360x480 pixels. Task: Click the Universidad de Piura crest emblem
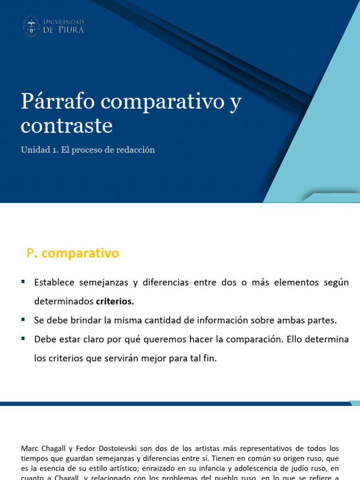[x=31, y=26]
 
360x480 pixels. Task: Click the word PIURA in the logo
[x=72, y=30]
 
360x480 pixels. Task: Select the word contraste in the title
[x=67, y=126]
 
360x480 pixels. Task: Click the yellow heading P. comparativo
[x=73, y=254]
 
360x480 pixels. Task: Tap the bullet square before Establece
[x=22, y=282]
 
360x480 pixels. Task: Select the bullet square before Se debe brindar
[x=22, y=320]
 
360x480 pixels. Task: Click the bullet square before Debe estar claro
[x=22, y=339]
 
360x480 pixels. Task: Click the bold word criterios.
[x=115, y=302]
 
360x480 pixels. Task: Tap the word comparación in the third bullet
[x=251, y=339]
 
